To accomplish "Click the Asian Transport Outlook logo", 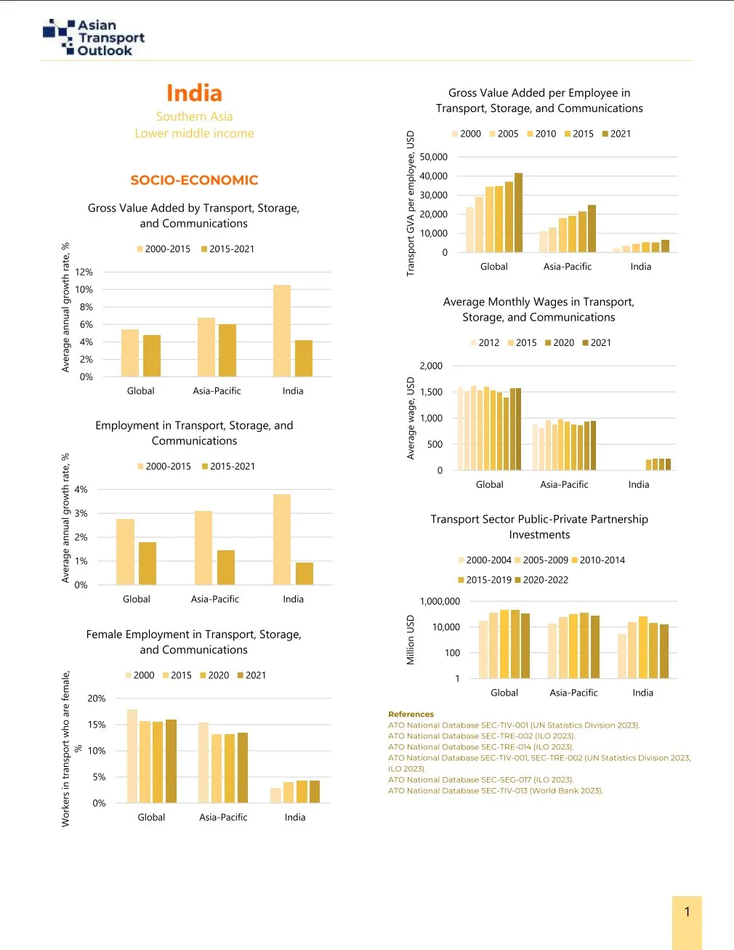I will coord(94,38).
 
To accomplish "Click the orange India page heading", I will coord(194,93).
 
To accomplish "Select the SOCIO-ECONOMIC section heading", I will coord(194,180).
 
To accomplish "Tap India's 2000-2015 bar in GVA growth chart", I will coord(282,331).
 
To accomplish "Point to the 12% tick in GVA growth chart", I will coord(85,272).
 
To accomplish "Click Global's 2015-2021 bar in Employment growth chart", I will coord(148,563).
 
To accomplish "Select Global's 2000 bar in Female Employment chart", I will coord(132,756).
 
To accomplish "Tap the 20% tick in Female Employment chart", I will coord(97,699).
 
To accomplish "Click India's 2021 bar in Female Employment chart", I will coord(315,792).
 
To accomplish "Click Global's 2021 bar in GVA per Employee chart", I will coord(518,212).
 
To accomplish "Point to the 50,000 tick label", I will coord(434,157).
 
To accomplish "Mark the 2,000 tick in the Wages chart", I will coord(431,366).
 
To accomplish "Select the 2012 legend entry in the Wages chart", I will coord(485,343).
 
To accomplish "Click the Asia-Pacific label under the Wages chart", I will coord(564,485).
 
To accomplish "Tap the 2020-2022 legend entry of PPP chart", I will coord(541,580).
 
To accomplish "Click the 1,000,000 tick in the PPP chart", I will coord(440,602).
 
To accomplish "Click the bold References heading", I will coord(411,714).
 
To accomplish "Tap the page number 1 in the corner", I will coord(687,912).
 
